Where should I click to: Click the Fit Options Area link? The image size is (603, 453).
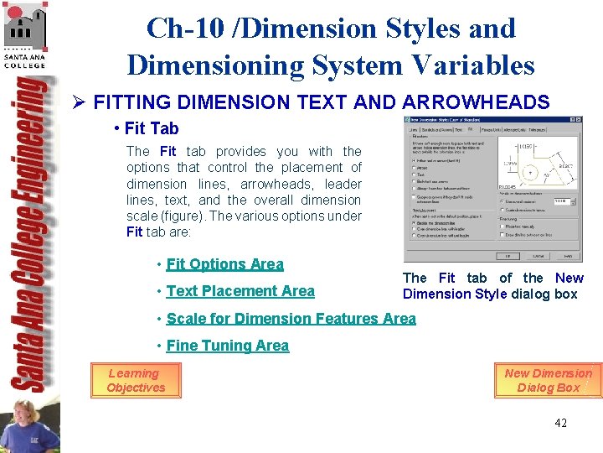pos(224,264)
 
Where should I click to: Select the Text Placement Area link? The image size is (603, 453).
pos(240,291)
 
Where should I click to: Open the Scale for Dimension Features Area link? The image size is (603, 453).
pos(291,319)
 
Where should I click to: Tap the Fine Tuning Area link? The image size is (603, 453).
pos(227,346)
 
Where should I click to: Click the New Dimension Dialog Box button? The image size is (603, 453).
pos(548,380)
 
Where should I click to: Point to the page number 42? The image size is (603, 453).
pos(560,423)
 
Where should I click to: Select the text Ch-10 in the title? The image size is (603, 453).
pos(178,29)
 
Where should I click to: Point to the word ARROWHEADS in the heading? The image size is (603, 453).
pos(476,103)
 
